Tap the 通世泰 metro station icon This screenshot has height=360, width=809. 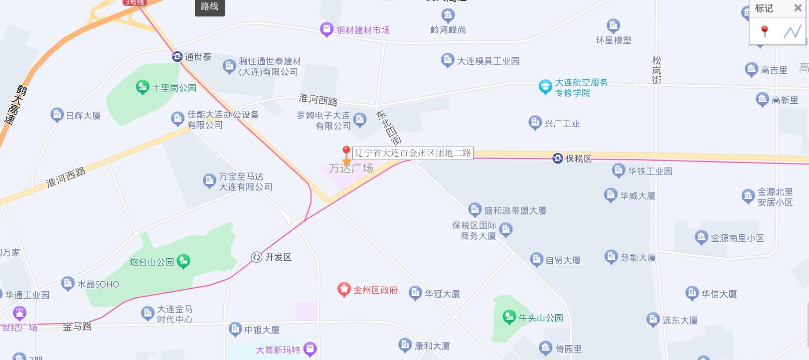coord(177,57)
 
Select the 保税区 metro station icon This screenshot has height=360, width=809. coord(558,159)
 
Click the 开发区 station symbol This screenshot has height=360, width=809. coord(257,257)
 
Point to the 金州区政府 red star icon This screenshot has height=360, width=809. coord(344,290)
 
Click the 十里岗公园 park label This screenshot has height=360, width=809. coord(174,88)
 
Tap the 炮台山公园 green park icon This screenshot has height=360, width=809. coord(184,261)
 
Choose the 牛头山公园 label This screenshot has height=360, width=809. coord(541,318)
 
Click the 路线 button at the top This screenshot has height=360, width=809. coord(209,6)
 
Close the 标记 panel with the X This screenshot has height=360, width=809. coord(798,8)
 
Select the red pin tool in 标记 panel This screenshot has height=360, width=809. coord(764,31)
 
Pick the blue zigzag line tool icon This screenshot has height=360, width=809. coord(792,31)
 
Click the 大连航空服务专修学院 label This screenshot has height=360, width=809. coord(581,87)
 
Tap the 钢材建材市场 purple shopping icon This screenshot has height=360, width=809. coord(326,30)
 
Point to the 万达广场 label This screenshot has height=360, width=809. coord(351,169)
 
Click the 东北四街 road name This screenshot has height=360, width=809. coord(389,127)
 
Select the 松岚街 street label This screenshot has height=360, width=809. coord(656,70)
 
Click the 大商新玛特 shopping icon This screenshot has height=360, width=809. coord(310,349)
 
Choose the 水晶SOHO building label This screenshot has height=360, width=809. coord(98,285)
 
